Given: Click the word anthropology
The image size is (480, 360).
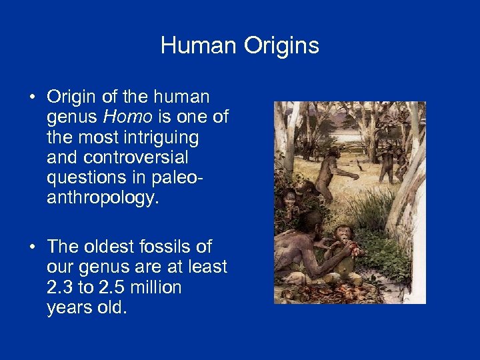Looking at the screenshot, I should pyautogui.click(x=103, y=198).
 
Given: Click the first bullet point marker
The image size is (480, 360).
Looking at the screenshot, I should pyautogui.click(x=32, y=97).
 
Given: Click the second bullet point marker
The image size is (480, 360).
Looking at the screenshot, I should pyautogui.click(x=32, y=247).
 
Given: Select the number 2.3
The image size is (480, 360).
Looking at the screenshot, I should pyautogui.click(x=59, y=287).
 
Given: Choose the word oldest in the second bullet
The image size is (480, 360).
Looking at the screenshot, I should pyautogui.click(x=108, y=247).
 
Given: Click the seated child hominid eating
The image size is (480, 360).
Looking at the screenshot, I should pyautogui.click(x=344, y=247).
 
